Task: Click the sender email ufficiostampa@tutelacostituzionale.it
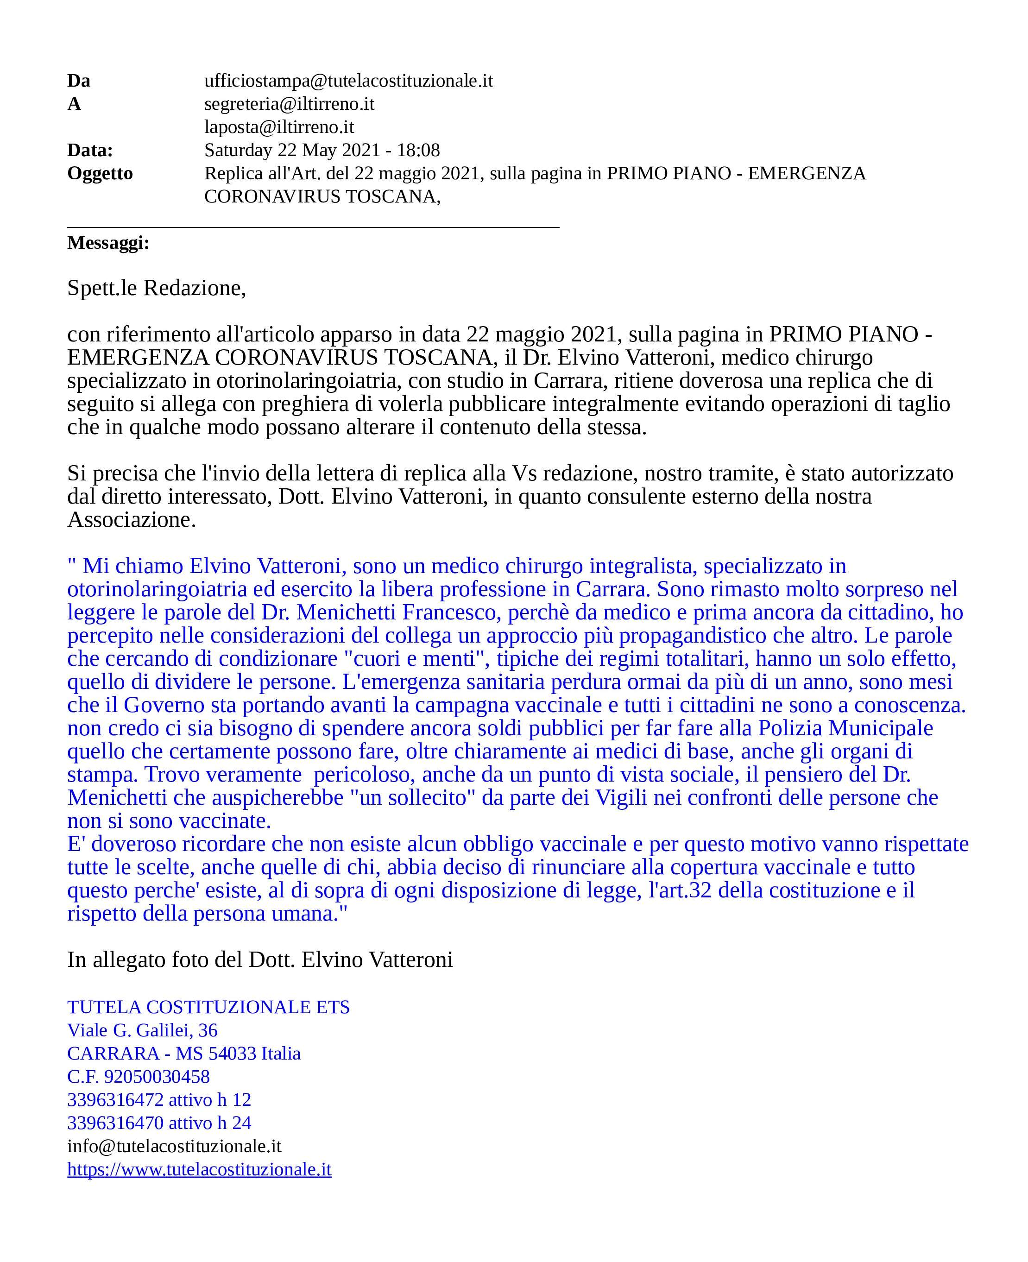click(x=348, y=81)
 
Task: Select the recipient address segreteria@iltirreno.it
click(x=289, y=104)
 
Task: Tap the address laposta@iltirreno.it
click(x=279, y=127)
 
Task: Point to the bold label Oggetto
click(x=100, y=174)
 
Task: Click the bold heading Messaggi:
click(x=108, y=243)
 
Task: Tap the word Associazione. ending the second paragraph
click(x=132, y=520)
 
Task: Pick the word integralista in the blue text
click(x=643, y=566)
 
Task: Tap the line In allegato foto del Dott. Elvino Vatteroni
click(x=260, y=960)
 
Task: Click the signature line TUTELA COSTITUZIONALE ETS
click(x=208, y=1007)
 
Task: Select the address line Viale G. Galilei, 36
click(x=142, y=1030)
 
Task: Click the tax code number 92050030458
click(x=156, y=1077)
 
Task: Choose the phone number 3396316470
click(x=115, y=1123)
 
